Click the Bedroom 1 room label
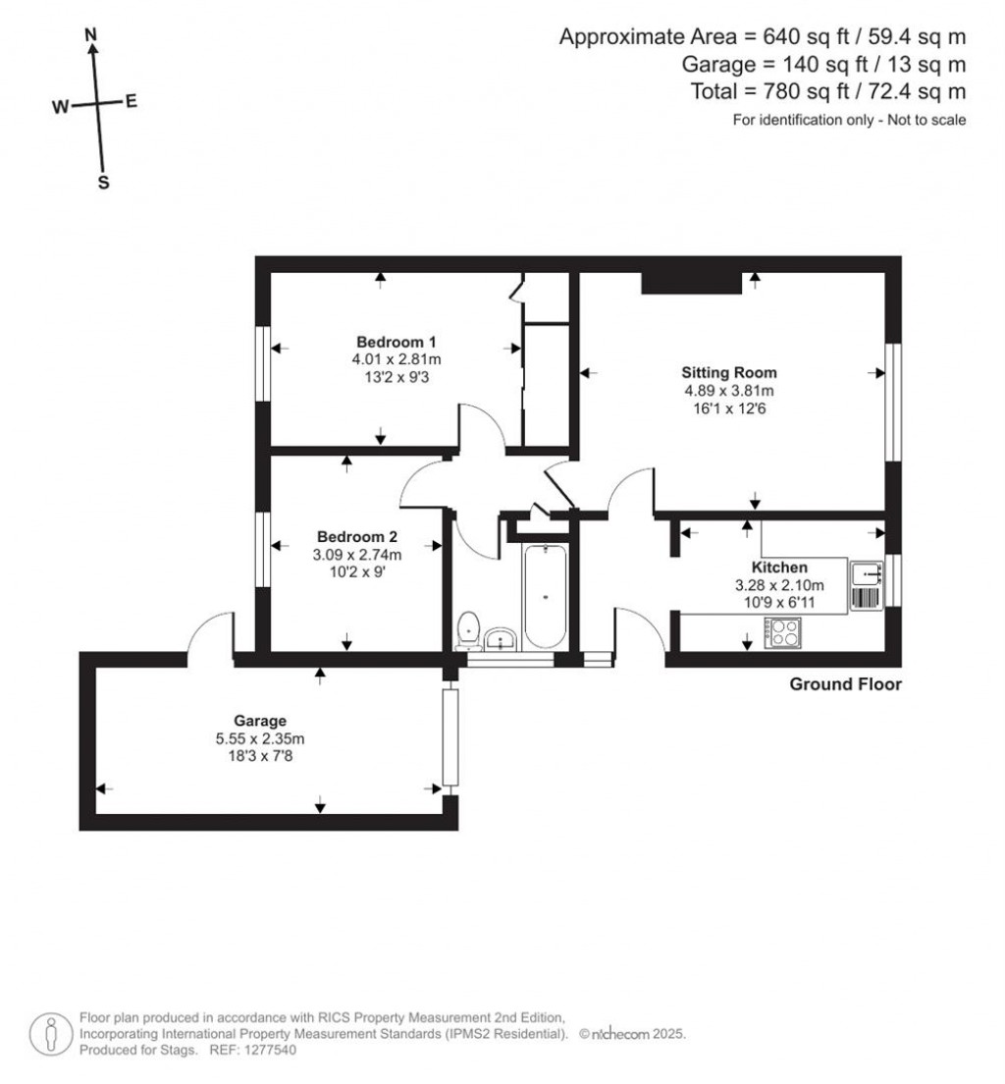click(x=397, y=342)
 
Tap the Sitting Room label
click(x=729, y=373)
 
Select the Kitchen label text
click(x=779, y=568)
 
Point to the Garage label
click(x=260, y=721)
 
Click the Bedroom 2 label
click(x=357, y=536)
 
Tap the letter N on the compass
click(x=90, y=34)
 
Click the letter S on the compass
click(x=104, y=184)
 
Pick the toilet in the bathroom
click(x=469, y=630)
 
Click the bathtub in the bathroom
click(x=546, y=596)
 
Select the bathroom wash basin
click(x=501, y=639)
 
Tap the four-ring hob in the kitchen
click(x=782, y=632)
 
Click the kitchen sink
click(x=866, y=573)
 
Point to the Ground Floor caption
click(x=845, y=684)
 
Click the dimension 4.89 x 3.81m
click(x=729, y=391)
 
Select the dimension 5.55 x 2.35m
click(x=260, y=739)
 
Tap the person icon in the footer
click(x=51, y=1034)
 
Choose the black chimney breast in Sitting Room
click(x=691, y=283)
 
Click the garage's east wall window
click(x=450, y=736)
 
